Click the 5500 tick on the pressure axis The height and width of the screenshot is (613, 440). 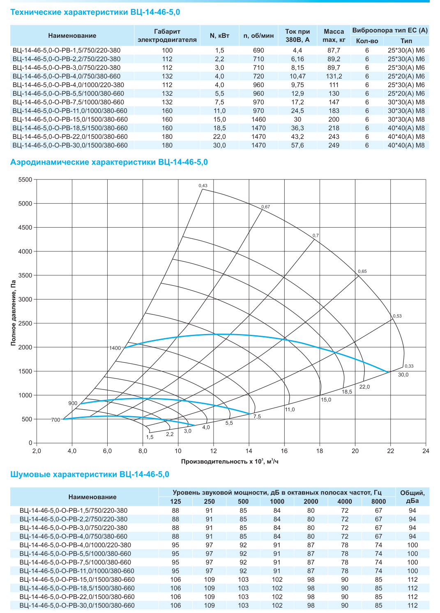[25, 180]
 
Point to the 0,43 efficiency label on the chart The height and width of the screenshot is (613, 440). [203, 186]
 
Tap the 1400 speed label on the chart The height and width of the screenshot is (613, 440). [115, 348]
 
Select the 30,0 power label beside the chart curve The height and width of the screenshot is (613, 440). [403, 375]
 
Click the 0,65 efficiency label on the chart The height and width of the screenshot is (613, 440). [362, 271]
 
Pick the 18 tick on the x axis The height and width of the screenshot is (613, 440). [320, 451]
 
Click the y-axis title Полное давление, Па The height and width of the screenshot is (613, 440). [13, 313]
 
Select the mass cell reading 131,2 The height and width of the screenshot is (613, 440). [334, 76]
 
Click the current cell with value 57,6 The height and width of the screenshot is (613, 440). [297, 145]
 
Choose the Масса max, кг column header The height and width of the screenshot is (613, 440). [334, 36]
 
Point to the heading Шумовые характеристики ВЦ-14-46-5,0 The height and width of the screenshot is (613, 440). [90, 474]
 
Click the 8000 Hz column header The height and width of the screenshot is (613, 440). [378, 501]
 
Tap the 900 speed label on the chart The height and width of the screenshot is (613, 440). [73, 403]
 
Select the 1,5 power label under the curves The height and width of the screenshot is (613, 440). [150, 437]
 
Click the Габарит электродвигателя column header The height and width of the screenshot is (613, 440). [167, 36]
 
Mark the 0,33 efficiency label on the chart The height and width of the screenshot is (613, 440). [409, 366]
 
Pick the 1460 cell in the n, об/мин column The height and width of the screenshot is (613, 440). [258, 120]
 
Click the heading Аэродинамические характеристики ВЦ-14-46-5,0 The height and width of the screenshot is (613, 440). [109, 162]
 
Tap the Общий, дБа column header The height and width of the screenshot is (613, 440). [412, 497]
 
